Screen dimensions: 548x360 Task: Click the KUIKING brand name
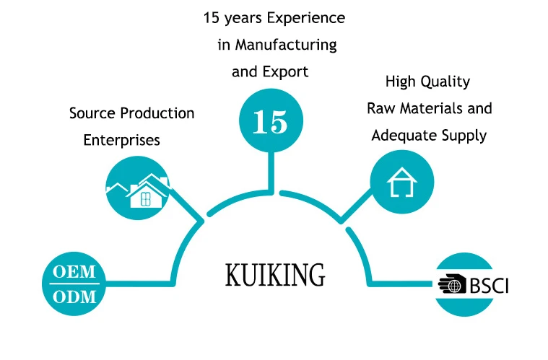275,275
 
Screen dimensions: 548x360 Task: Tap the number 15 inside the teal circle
270,122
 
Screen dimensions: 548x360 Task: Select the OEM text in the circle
74,272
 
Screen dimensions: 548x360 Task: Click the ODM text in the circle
74,297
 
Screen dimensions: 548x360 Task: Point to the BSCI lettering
489,285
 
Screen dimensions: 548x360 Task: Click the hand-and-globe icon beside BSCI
452,284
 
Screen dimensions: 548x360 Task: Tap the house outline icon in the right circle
402,182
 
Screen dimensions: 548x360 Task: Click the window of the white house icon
145,199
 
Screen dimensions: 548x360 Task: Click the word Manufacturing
286,45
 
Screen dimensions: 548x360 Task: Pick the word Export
285,72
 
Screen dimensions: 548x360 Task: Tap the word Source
92,113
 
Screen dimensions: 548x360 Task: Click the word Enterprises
121,141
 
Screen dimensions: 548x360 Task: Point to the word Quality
445,82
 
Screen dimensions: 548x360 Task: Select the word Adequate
404,136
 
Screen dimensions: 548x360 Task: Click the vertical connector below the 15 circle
271,172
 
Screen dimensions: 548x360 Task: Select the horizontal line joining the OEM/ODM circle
139,284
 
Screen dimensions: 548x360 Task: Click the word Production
157,113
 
